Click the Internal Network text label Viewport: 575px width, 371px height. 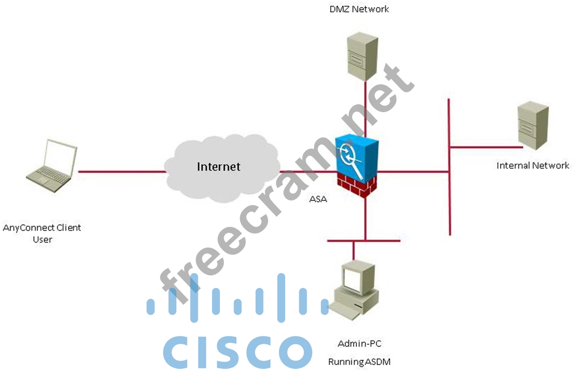(533, 165)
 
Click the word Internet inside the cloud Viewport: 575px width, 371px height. (219, 167)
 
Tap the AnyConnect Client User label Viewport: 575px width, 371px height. (42, 233)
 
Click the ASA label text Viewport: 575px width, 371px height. (318, 199)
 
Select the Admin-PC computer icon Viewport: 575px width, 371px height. (354, 291)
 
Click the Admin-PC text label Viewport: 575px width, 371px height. (360, 343)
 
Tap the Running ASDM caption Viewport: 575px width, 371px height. (359, 362)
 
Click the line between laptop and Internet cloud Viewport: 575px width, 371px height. (122, 172)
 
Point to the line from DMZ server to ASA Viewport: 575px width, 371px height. (364, 113)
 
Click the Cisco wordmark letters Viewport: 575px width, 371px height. (237, 351)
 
